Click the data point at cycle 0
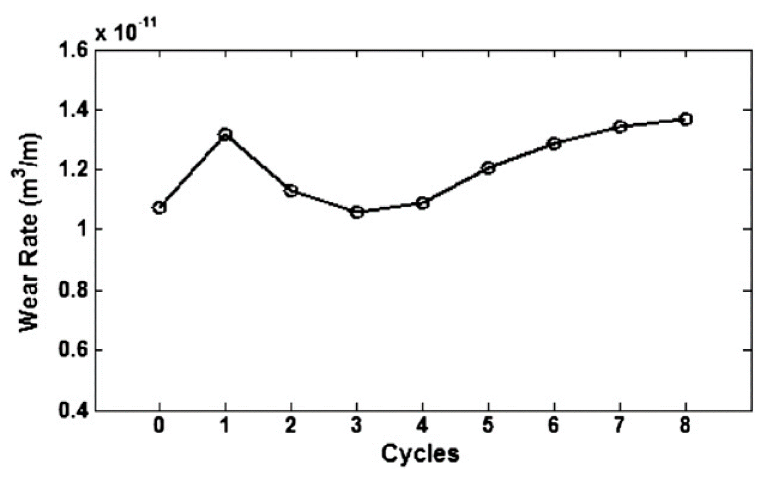(x=159, y=207)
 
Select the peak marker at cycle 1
(x=225, y=134)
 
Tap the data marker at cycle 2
(x=291, y=190)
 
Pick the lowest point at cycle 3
(x=357, y=212)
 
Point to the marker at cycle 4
(x=422, y=203)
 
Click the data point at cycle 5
(x=488, y=168)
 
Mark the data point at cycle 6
(x=554, y=143)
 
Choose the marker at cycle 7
(x=620, y=127)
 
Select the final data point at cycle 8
(x=685, y=119)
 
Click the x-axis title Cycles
(x=420, y=453)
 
